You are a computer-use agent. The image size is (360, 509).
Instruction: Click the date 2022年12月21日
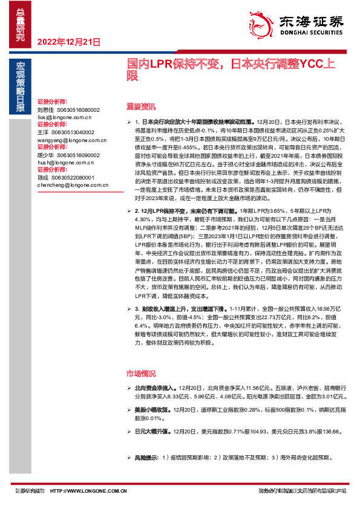point(68,41)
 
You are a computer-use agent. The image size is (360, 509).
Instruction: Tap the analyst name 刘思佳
point(46,110)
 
